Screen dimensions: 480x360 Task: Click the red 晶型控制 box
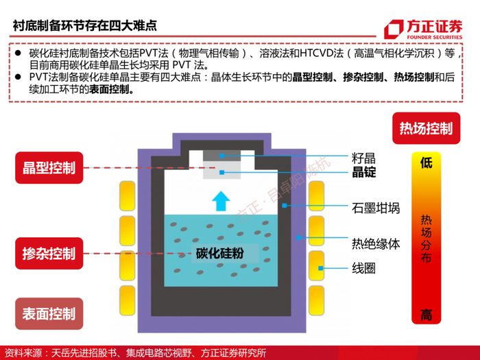(49, 168)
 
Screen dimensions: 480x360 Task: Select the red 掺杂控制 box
(49, 254)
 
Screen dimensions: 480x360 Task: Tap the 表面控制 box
(49, 314)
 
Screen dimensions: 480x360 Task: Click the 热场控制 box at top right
(426, 128)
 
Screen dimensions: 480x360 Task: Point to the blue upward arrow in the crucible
(221, 201)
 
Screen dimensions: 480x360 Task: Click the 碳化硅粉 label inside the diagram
(220, 253)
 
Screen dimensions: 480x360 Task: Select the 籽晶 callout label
(363, 158)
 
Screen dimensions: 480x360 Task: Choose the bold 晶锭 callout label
(363, 172)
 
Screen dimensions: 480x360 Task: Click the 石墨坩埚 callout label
(376, 208)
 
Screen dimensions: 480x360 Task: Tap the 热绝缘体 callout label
(376, 244)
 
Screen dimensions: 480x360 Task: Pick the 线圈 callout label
(363, 269)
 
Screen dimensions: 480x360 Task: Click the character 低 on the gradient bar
(426, 163)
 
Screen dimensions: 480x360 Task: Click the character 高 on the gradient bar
(426, 315)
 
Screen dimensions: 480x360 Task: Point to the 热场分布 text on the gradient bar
(426, 239)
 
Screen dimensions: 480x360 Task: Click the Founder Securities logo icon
(394, 29)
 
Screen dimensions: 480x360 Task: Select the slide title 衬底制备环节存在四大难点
(85, 25)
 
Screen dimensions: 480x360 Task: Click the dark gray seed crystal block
(222, 156)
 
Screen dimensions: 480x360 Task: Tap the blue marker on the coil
(320, 268)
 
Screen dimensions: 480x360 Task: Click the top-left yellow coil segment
(127, 196)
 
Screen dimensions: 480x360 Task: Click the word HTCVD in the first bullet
(317, 53)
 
